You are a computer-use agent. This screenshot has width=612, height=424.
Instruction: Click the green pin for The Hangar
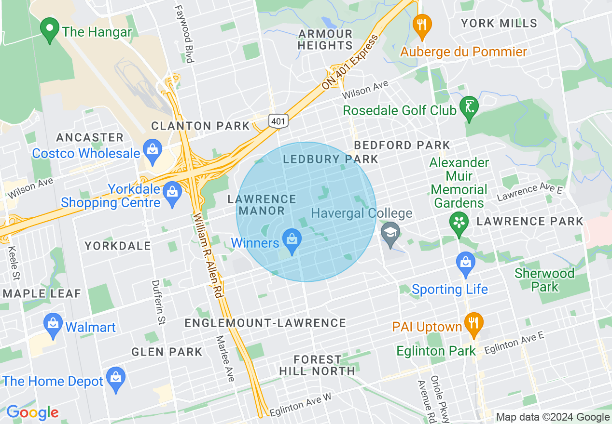pyautogui.click(x=49, y=30)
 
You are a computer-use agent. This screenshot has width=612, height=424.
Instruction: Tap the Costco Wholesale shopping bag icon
pyautogui.click(x=153, y=152)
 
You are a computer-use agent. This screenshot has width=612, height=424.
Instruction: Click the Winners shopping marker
pyautogui.click(x=292, y=242)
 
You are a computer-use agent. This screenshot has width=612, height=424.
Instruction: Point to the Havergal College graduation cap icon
pyautogui.click(x=390, y=233)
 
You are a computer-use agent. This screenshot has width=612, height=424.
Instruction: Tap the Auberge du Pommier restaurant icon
pyautogui.click(x=422, y=26)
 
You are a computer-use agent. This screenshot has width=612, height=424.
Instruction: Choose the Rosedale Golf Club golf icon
pyautogui.click(x=469, y=108)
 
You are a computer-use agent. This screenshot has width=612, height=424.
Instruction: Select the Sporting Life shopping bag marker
pyautogui.click(x=466, y=264)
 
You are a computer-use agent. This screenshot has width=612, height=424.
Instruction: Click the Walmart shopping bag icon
pyautogui.click(x=53, y=325)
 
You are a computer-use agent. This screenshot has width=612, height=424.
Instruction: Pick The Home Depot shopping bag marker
pyautogui.click(x=115, y=379)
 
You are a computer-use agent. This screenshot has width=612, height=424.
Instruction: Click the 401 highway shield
pyautogui.click(x=278, y=121)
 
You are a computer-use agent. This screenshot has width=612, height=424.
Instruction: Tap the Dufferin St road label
pyautogui.click(x=158, y=302)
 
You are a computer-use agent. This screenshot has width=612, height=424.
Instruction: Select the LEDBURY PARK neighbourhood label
pyautogui.click(x=331, y=159)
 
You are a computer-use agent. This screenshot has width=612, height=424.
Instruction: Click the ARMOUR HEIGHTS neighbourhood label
pyautogui.click(x=325, y=40)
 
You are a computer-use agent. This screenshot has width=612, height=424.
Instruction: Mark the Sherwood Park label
pyautogui.click(x=544, y=280)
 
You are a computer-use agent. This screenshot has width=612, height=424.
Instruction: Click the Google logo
pyautogui.click(x=32, y=412)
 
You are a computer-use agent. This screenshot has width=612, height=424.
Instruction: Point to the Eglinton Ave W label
pyautogui.click(x=300, y=405)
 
